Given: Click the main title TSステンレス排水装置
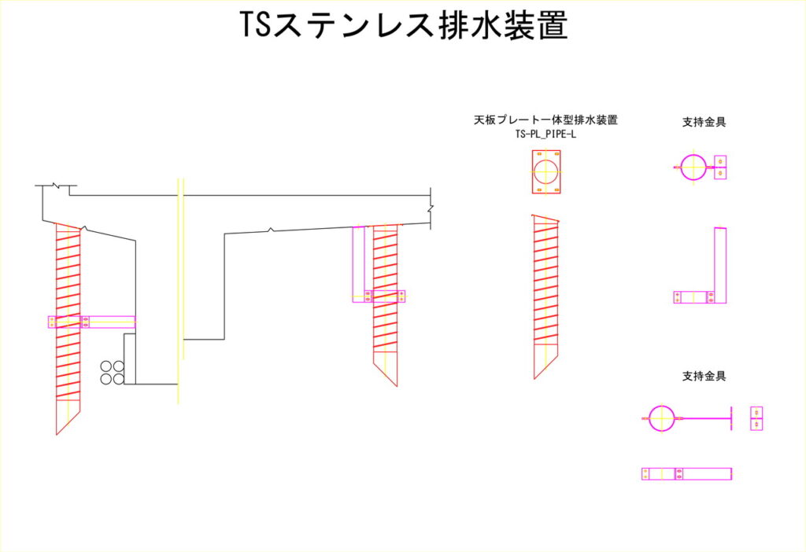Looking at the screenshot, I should [403, 27].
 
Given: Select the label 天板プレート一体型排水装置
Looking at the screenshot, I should [545, 120].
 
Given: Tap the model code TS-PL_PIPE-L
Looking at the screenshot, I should [545, 134].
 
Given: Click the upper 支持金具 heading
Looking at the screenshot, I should [704, 122].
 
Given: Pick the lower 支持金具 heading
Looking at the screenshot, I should [704, 376].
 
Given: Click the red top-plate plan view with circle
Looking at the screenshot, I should [545, 172].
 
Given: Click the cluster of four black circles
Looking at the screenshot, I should [112, 373].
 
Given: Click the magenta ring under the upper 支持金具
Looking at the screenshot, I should [693, 167].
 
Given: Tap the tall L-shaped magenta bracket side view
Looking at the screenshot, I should [719, 267].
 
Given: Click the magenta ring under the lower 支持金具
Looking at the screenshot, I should [662, 418].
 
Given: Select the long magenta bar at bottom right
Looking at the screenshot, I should [687, 473].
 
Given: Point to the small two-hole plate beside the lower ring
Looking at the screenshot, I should [756, 418].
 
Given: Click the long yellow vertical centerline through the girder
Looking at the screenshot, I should [179, 291].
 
